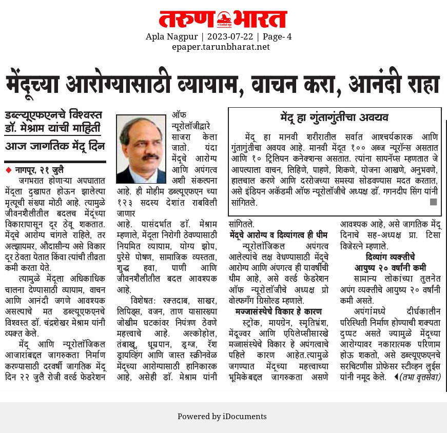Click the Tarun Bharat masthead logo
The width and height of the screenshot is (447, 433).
coord(223,19)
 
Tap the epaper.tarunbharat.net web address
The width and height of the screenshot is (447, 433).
coord(221,47)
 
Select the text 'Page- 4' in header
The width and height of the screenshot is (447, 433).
coord(277,36)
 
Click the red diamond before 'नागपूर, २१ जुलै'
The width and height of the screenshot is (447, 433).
coord(8,169)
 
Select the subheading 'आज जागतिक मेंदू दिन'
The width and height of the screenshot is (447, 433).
coord(55,146)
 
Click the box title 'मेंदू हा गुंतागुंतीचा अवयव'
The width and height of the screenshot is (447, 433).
coord(335,117)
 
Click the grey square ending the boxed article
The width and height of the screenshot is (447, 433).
coord(433,202)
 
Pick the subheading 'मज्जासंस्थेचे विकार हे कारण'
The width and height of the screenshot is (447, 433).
coord(279,311)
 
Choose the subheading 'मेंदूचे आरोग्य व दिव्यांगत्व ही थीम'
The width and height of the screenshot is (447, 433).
coord(279,235)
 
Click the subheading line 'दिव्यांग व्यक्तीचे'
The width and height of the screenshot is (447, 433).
coord(391,257)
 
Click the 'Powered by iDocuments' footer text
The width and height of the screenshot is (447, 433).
coord(222,416)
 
